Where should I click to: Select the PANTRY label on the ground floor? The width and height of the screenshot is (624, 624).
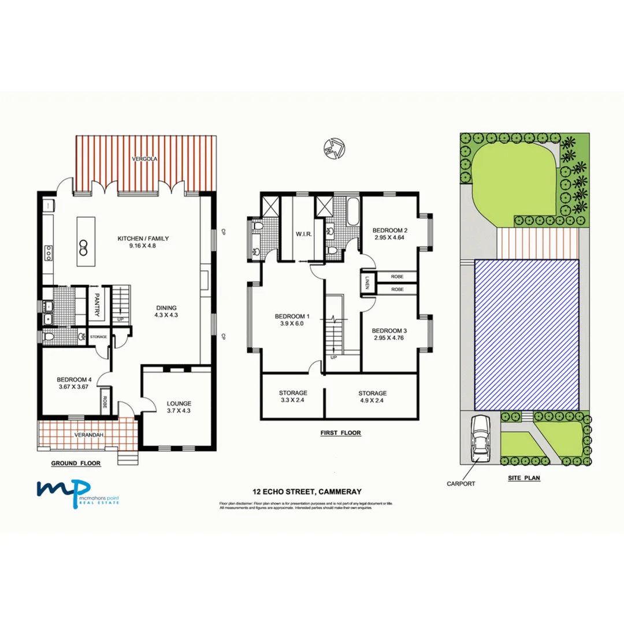(97, 305)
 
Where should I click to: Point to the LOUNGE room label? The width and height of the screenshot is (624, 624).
(179, 403)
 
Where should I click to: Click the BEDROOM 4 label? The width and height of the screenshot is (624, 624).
(72, 379)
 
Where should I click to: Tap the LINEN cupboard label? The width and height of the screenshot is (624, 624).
(367, 283)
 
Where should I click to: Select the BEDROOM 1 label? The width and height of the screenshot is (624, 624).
(292, 316)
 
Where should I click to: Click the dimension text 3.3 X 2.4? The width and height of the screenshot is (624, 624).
(293, 400)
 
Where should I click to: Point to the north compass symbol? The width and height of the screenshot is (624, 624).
(335, 147)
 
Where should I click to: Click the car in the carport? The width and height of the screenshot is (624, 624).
(481, 439)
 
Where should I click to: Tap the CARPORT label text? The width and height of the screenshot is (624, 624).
(460, 484)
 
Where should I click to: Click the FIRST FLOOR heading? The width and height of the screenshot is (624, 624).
(341, 432)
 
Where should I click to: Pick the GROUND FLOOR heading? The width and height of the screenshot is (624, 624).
(76, 463)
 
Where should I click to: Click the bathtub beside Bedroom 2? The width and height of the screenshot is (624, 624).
(352, 213)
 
